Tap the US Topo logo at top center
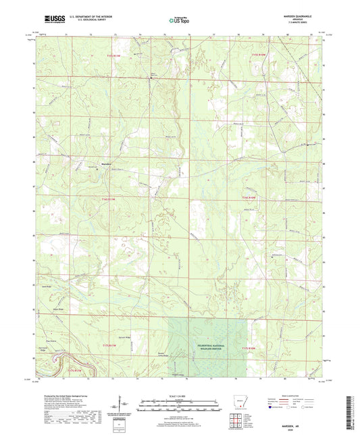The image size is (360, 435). click(177, 21)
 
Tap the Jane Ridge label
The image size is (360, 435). click(48, 286)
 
